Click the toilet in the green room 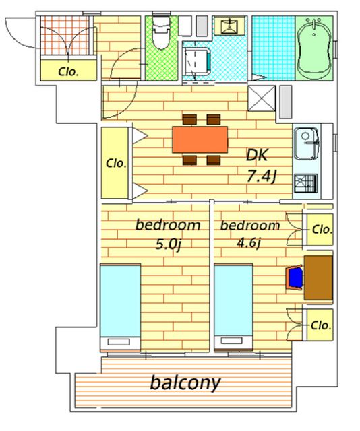(x=162, y=32)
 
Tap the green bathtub (x=314, y=48)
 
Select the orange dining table (x=200, y=139)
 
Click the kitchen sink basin (x=306, y=143)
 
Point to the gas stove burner (x=305, y=183)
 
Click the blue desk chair (x=295, y=277)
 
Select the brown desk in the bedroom (x=318, y=277)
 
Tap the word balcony (x=185, y=383)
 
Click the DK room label (x=257, y=155)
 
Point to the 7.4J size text (x=261, y=176)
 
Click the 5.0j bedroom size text (x=169, y=244)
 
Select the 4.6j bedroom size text (x=249, y=243)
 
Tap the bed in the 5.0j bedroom (x=120, y=307)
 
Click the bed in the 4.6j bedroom (x=233, y=307)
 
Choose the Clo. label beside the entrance (x=69, y=72)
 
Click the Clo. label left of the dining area (x=116, y=163)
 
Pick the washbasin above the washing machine (x=229, y=26)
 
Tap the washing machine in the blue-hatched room (x=198, y=61)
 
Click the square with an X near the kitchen (x=262, y=98)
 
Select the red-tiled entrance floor (x=65, y=35)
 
